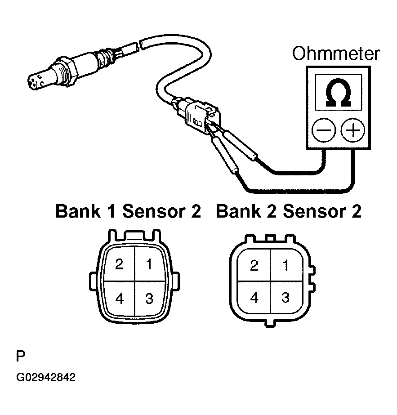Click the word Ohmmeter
(x=336, y=54)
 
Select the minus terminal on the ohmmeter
(x=324, y=130)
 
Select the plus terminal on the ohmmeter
(x=352, y=130)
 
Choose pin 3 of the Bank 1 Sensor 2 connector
(x=150, y=299)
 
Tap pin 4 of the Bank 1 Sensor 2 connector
(x=119, y=299)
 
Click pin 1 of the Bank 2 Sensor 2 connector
(x=286, y=265)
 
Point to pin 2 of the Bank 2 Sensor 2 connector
(x=254, y=265)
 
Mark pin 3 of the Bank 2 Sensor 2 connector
(x=285, y=298)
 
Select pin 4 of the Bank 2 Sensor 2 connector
(x=254, y=298)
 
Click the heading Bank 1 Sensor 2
(x=128, y=211)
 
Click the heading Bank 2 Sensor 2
(x=289, y=211)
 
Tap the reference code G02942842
(x=46, y=377)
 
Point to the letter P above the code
(x=21, y=356)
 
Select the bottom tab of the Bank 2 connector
(x=269, y=323)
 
